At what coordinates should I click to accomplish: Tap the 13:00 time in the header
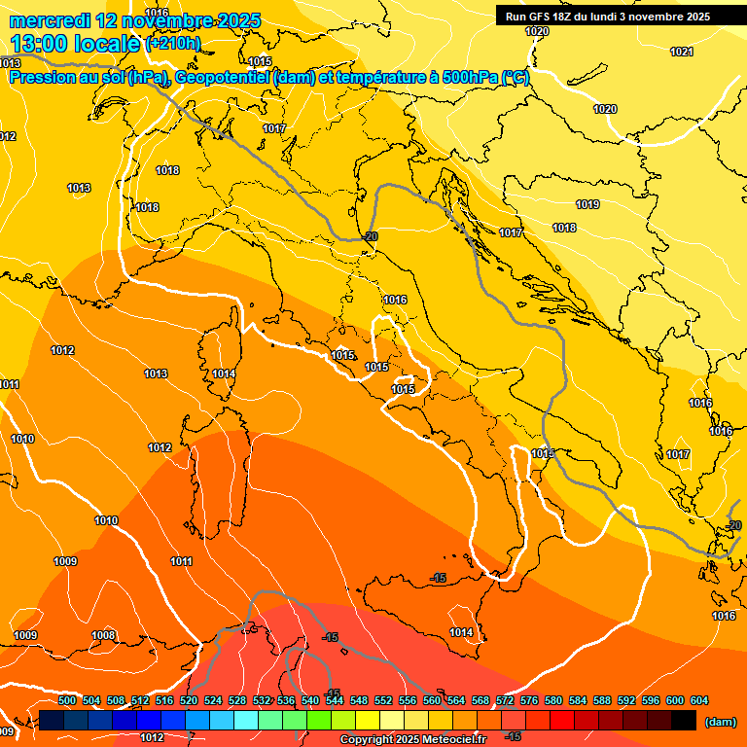pos(39,43)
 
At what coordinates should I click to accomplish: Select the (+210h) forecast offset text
pos(173,44)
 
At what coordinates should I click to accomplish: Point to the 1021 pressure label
pos(682,52)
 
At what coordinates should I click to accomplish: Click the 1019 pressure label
pos(587,204)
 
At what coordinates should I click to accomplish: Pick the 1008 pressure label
pos(103,635)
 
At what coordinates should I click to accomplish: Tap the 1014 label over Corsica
pos(224,373)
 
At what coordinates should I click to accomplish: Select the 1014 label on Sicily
pos(461,633)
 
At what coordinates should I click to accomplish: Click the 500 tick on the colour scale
pos(67,700)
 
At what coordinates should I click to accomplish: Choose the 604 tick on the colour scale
pos(698,700)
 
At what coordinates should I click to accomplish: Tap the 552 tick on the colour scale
pos(383,700)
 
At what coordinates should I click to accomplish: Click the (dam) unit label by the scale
pos(719,721)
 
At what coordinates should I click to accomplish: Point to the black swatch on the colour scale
pos(684,720)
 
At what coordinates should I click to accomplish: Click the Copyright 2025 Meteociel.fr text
pos(411,739)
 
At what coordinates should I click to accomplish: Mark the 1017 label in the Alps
pos(273,128)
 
